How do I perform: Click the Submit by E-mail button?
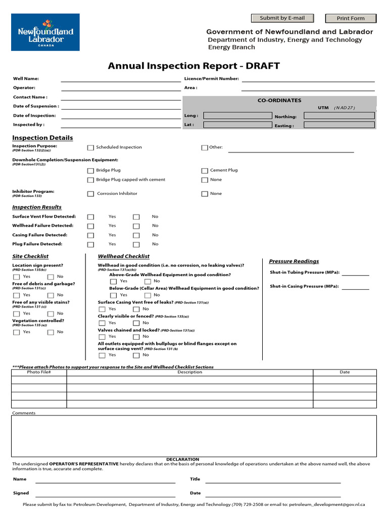(x=282, y=18)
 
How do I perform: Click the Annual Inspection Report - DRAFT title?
(x=193, y=66)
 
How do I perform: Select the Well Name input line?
(x=121, y=79)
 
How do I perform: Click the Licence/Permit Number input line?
(x=308, y=79)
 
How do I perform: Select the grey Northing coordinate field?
(x=339, y=116)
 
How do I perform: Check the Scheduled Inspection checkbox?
(x=90, y=148)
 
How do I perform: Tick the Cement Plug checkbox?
(x=205, y=171)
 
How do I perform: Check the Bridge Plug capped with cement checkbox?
(x=90, y=180)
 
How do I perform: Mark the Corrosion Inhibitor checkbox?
(x=90, y=194)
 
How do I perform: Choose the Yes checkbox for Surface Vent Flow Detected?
(x=90, y=217)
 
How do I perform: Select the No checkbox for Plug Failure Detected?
(x=136, y=244)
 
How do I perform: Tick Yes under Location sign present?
(x=17, y=277)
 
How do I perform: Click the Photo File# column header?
(x=39, y=372)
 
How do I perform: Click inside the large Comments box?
(x=193, y=435)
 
